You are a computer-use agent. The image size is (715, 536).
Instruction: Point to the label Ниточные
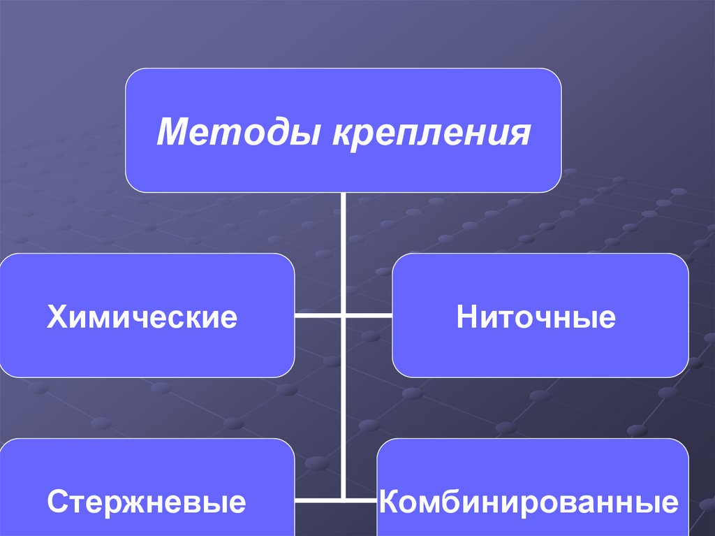click(536, 317)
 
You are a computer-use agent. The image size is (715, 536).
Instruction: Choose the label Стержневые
click(147, 502)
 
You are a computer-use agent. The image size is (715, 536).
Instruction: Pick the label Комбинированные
click(529, 502)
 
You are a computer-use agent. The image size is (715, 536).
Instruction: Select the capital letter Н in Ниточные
click(466, 317)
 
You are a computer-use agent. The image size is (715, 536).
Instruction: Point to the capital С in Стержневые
click(57, 502)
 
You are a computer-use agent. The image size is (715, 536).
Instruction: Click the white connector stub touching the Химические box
click(318, 316)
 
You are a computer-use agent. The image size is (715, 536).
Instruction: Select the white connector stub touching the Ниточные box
click(368, 316)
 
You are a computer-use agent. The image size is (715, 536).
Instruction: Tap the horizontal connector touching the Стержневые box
click(318, 500)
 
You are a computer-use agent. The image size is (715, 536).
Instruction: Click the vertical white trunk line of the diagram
click(344, 405)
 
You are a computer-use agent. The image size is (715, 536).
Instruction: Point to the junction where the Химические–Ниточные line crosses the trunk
click(344, 316)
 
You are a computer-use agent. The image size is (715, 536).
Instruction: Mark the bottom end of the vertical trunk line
click(344, 498)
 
